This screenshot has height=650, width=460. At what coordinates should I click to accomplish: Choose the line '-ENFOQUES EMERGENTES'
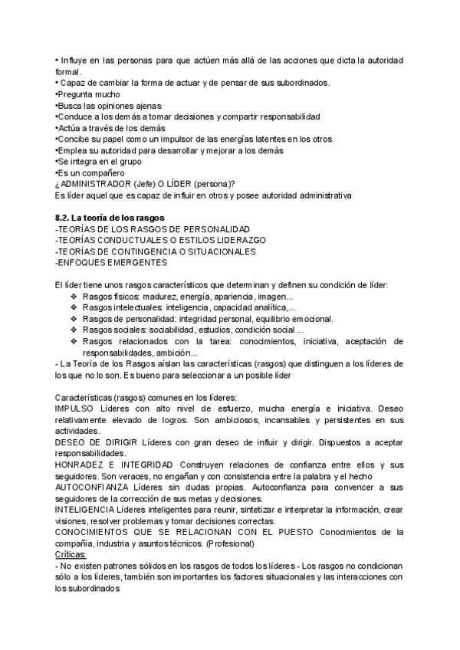click(111, 263)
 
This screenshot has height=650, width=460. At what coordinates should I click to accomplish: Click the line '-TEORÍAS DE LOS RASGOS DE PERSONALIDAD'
click(153, 229)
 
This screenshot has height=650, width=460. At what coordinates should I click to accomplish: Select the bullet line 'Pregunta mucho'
click(87, 94)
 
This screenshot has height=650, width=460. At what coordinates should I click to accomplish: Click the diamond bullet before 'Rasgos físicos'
click(74, 297)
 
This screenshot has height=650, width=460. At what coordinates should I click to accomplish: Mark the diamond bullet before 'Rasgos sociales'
click(74, 330)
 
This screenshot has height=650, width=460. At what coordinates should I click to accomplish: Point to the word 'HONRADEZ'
click(80, 465)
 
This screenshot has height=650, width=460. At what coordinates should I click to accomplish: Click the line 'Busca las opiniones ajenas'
click(110, 106)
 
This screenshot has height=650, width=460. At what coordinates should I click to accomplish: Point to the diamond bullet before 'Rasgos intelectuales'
click(74, 307)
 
